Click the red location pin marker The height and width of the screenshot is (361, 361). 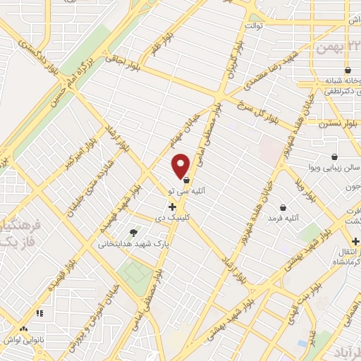point(181,165)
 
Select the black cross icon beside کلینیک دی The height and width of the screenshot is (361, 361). point(172,206)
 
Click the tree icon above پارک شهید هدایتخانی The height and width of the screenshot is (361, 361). point(134,232)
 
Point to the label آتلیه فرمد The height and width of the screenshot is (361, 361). point(283,219)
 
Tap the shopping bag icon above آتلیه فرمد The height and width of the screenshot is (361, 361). point(283,207)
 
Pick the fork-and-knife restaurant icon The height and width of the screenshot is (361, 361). point(39,312)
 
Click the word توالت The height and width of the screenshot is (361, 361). point(254,26)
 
